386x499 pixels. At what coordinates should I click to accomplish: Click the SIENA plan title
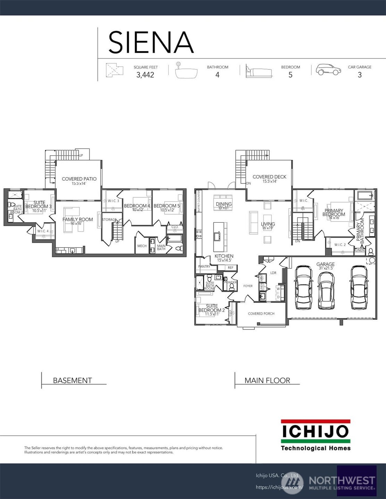(151, 42)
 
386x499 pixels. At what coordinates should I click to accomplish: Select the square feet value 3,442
(145, 75)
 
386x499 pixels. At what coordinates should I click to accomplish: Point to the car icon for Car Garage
(328, 70)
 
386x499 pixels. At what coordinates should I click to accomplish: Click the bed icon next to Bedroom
(258, 71)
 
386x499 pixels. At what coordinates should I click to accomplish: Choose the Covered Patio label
(79, 179)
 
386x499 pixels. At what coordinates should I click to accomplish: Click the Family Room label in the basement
(77, 220)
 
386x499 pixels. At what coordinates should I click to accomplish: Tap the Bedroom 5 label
(167, 206)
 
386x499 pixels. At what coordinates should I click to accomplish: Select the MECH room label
(142, 246)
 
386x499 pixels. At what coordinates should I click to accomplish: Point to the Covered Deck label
(269, 177)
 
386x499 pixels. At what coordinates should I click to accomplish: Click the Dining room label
(224, 204)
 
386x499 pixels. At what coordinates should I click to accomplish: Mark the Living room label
(268, 224)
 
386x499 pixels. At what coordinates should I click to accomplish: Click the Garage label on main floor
(325, 264)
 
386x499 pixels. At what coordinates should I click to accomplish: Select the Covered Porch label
(261, 313)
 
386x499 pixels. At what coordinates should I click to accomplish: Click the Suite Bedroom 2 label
(211, 308)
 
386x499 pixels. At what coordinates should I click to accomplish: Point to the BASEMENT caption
(72, 380)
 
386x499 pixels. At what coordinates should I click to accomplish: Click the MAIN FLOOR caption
(267, 380)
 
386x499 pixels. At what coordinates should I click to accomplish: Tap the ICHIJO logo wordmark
(315, 431)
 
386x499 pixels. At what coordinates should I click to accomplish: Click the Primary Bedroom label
(334, 212)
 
